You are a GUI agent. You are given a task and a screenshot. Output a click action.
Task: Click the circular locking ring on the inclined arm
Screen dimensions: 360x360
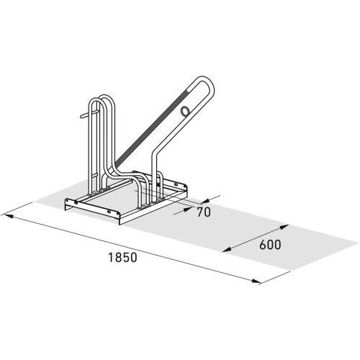point(186,111)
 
